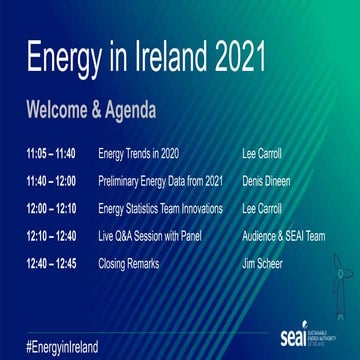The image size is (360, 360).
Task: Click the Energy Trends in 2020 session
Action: [x=139, y=155]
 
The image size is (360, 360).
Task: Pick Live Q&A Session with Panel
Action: [x=150, y=237]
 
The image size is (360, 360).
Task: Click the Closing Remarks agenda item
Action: [x=130, y=264]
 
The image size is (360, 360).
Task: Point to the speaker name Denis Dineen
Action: [x=267, y=183]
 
